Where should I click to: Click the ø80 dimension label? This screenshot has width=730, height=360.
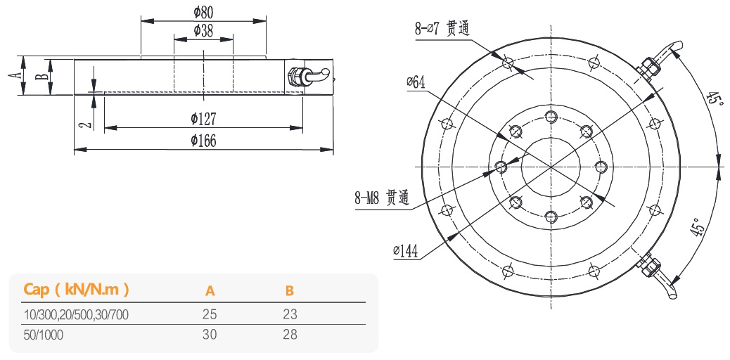coord(203,12)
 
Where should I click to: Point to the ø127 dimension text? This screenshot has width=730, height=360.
coord(203,119)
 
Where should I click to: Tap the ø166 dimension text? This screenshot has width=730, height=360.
coord(203,141)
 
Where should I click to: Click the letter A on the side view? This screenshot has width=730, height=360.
coord(15,75)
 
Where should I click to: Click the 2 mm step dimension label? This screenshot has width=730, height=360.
coord(84,124)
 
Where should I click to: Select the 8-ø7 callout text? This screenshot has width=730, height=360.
coord(442,29)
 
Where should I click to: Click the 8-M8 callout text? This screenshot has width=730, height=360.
coord(381,198)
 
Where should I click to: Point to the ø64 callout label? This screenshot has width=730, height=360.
coord(416,82)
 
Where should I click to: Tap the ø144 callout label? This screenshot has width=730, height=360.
coord(407,250)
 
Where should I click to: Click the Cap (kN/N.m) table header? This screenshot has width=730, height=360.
coord(76,289)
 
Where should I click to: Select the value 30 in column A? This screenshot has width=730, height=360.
coord(210,335)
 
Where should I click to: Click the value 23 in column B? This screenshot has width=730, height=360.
coord(290,314)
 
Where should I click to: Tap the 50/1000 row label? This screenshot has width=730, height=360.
coord(44,335)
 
